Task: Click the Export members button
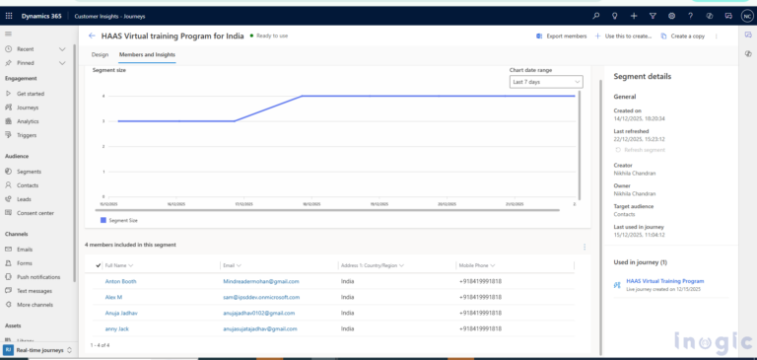(x=563, y=36)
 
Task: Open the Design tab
(x=100, y=54)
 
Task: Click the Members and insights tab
(x=147, y=54)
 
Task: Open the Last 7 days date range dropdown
(x=545, y=82)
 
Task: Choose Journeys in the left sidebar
(x=28, y=108)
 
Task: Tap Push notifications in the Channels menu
(x=39, y=277)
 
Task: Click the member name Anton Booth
(x=121, y=281)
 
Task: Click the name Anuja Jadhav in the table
(x=122, y=313)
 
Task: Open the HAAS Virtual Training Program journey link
(x=665, y=281)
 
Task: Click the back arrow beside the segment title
(x=92, y=36)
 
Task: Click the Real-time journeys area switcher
(x=39, y=350)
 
